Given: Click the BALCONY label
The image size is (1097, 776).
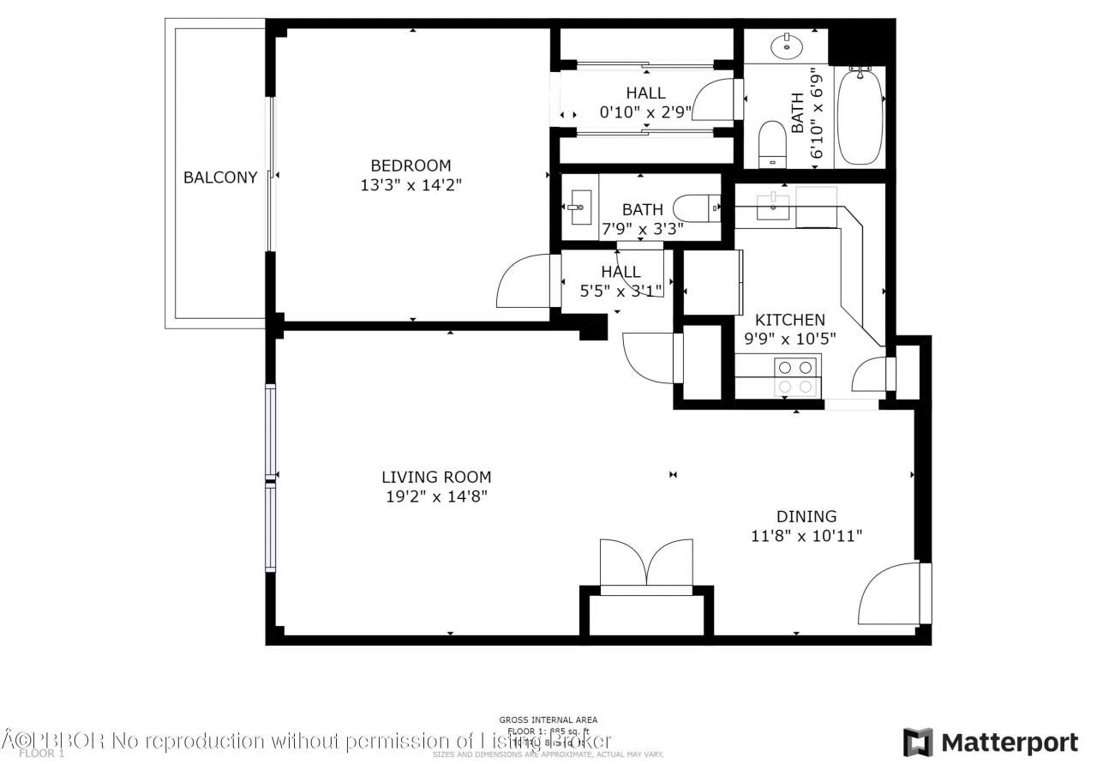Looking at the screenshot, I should [x=220, y=177].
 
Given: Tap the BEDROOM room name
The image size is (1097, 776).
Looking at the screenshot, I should [x=411, y=165].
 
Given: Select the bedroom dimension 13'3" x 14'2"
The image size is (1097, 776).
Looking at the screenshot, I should [x=411, y=184].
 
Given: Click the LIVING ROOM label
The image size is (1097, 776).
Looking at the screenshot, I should [x=436, y=477].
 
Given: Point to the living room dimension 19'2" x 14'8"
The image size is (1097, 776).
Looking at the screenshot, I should [x=436, y=496].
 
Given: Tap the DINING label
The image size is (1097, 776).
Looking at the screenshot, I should [x=806, y=516].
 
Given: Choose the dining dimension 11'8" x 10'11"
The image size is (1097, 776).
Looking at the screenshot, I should [x=806, y=536].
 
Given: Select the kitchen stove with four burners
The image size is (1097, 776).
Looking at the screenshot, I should [x=794, y=376].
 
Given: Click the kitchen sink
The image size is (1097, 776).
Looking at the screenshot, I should [x=773, y=202].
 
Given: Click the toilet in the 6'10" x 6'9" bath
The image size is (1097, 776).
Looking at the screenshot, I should [x=773, y=142].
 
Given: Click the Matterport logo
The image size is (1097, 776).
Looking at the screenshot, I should [x=991, y=742].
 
